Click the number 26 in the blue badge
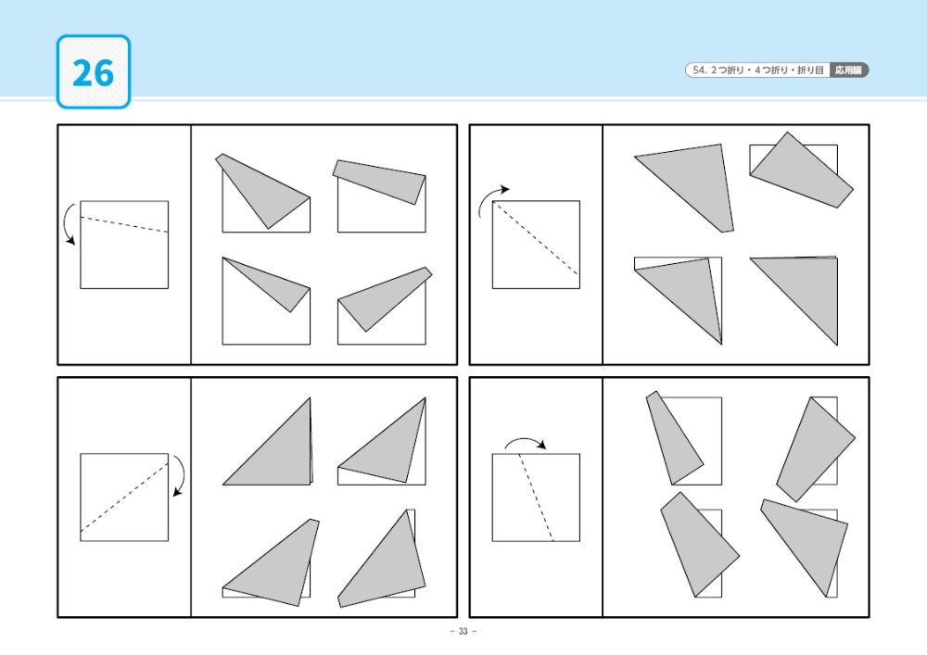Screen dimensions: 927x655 [x=93, y=73]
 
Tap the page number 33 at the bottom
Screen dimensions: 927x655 [x=463, y=631]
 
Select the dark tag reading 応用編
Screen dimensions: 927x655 [x=849, y=70]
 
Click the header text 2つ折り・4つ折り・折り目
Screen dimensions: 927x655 [x=767, y=70]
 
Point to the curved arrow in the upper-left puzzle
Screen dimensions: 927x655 [x=65, y=223]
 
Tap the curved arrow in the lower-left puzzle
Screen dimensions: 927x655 [x=182, y=474]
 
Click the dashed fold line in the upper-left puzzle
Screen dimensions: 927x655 [x=124, y=225]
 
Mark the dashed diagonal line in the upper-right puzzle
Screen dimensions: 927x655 [x=536, y=239]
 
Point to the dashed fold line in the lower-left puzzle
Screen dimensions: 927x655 [x=124, y=498]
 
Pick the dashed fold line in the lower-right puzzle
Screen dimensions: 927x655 [x=536, y=498]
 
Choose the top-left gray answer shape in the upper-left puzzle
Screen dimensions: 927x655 [x=263, y=190]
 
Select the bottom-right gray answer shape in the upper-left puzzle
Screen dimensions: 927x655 [x=383, y=299]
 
